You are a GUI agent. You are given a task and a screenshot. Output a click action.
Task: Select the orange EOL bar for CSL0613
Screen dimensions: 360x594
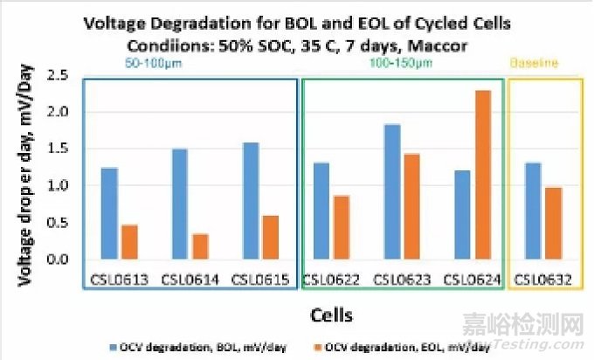[129, 242]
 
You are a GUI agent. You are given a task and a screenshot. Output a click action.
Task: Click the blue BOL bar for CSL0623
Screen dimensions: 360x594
[391, 192]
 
